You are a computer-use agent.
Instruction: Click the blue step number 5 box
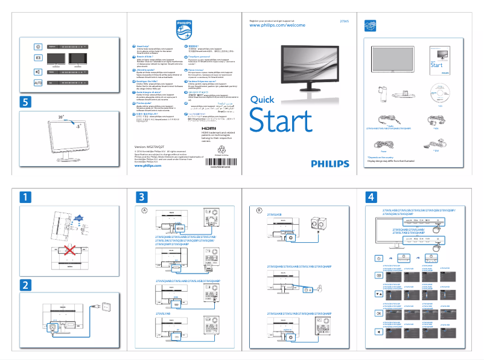tap(25, 103)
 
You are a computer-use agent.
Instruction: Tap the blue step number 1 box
tap(25, 197)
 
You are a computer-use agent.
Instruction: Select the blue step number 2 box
tap(25, 284)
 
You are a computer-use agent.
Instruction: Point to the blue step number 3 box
tap(141, 197)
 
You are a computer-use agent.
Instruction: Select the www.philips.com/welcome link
tap(278, 26)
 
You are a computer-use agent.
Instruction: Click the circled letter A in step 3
tap(144, 210)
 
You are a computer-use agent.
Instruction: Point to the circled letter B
tap(260, 210)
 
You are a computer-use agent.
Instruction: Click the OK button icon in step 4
tap(378, 313)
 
